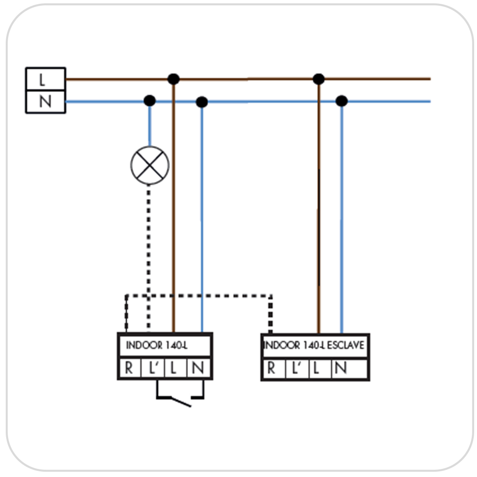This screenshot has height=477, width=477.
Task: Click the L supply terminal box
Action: coord(46,79)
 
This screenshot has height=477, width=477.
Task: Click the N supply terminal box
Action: coord(46,102)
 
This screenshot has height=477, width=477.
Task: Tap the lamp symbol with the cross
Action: coord(150,165)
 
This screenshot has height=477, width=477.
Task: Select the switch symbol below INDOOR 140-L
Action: coord(180,394)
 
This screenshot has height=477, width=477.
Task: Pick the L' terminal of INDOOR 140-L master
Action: coord(153,367)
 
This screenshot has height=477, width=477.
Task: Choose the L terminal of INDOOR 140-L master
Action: coord(176,367)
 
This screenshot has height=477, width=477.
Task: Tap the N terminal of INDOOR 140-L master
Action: coord(199,367)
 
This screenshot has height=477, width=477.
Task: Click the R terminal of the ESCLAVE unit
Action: coord(274,369)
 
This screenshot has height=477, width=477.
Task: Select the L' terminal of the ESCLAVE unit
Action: coord(297,369)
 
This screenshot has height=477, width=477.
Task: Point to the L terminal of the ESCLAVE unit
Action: coord(320,369)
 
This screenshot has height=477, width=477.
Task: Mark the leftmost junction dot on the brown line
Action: coord(174,79)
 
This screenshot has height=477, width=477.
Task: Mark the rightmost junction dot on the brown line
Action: coord(319,79)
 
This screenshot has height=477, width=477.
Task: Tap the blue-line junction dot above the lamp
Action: coord(149,101)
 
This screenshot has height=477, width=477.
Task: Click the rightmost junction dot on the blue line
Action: coord(342,101)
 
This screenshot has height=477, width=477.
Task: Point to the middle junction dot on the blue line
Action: coord(202,102)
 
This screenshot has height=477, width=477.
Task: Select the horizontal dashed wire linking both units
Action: coord(198,296)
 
